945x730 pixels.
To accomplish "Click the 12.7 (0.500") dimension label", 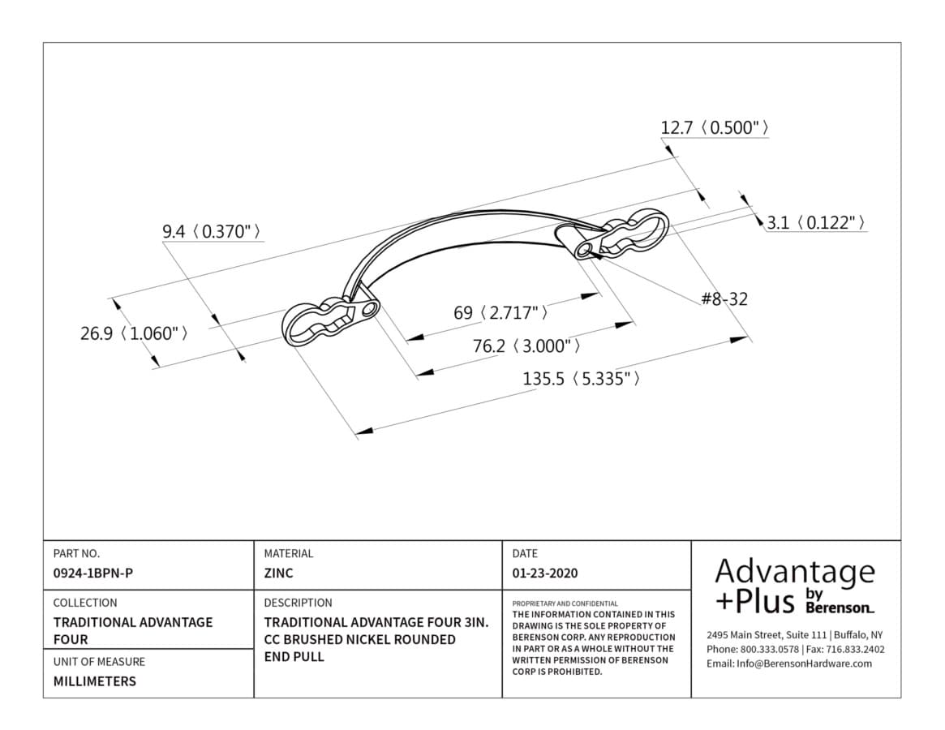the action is pyautogui.click(x=714, y=128).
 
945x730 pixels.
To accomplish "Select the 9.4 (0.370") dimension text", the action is pyautogui.click(x=213, y=231).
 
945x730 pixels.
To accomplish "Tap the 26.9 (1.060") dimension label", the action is pyautogui.click(x=134, y=333).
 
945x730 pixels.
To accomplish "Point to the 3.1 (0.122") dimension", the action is pyautogui.click(x=817, y=223).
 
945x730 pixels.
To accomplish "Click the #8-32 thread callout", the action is pyautogui.click(x=724, y=299).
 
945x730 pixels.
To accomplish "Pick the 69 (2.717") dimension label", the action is pyautogui.click(x=500, y=313).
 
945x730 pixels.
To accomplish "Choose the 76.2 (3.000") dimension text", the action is pyautogui.click(x=526, y=346).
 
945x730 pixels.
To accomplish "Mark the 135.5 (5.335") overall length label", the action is pyautogui.click(x=581, y=379).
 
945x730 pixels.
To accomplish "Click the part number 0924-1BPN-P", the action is pyautogui.click(x=92, y=573).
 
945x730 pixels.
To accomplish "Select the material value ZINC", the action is pyautogui.click(x=278, y=573).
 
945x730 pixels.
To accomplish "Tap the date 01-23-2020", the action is pyautogui.click(x=545, y=573).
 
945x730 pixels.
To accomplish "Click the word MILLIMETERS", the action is pyautogui.click(x=95, y=681).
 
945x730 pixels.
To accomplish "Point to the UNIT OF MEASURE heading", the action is pyautogui.click(x=99, y=661).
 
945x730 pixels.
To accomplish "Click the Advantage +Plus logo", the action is pyautogui.click(x=795, y=586).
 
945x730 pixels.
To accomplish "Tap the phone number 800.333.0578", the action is pyautogui.click(x=769, y=649).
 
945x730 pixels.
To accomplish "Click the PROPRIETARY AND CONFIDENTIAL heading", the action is pyautogui.click(x=565, y=603).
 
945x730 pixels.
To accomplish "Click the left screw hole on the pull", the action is pyautogui.click(x=368, y=310).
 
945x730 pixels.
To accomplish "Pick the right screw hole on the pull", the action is pyautogui.click(x=582, y=249).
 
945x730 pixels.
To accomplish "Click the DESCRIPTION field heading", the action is pyautogui.click(x=298, y=603).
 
